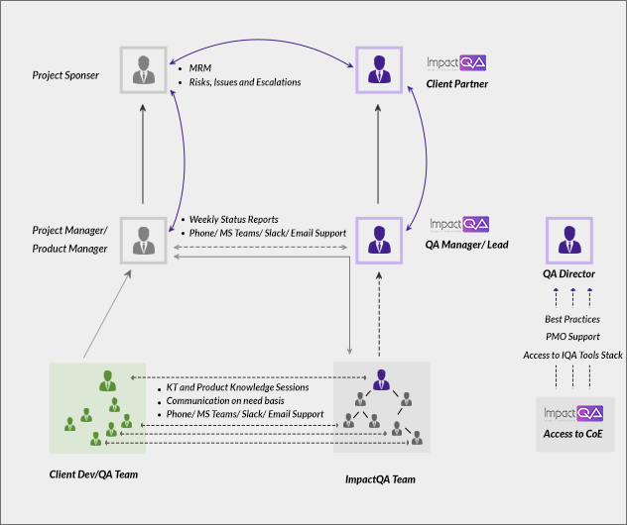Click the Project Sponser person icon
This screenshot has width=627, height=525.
click(x=144, y=69)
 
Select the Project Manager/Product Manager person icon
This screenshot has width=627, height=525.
click(x=144, y=238)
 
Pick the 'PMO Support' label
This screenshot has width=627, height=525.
click(x=572, y=337)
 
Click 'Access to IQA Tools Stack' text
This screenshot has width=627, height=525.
click(x=572, y=355)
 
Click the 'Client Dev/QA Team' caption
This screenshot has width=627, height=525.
click(x=93, y=474)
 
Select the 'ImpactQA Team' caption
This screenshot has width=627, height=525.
click(x=380, y=479)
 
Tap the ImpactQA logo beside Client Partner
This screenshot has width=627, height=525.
click(x=456, y=63)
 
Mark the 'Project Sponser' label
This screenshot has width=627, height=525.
click(x=65, y=75)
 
